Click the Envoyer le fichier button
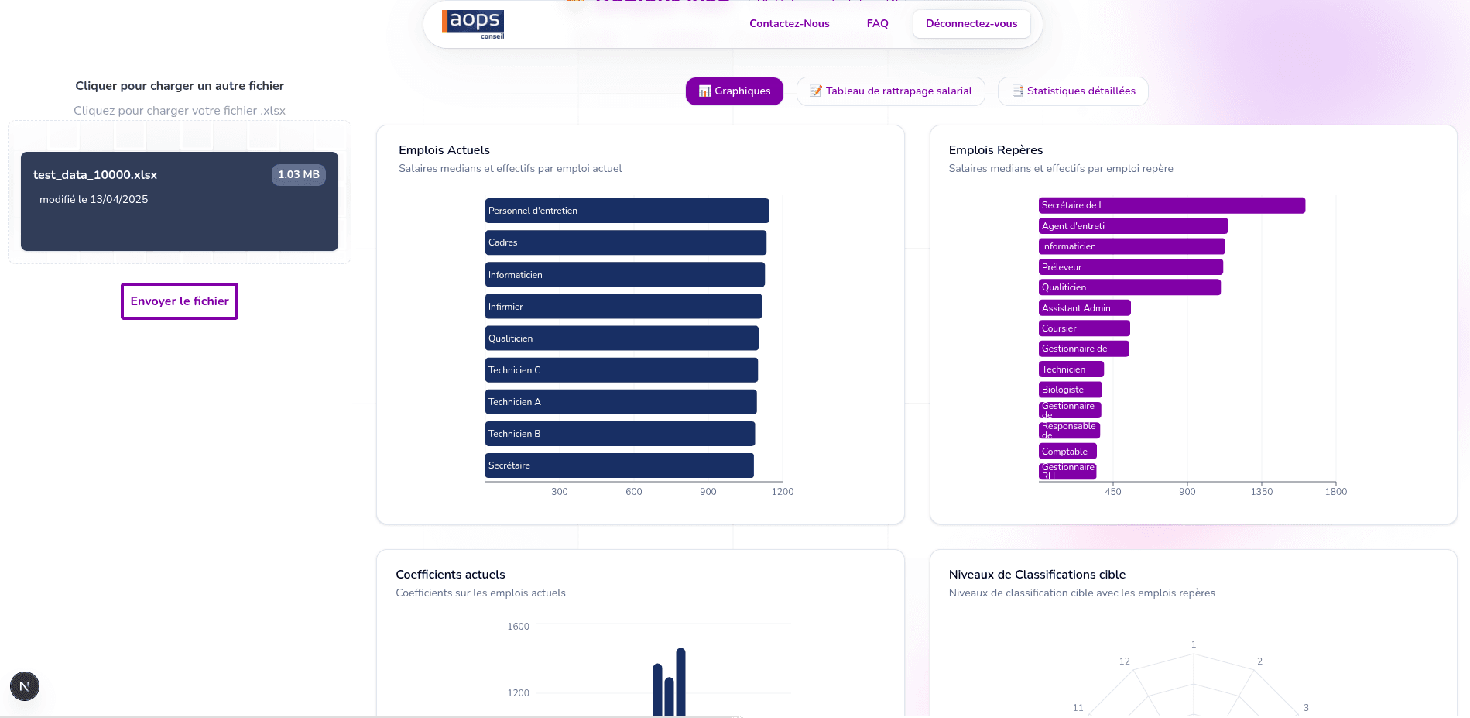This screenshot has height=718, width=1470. pos(180,301)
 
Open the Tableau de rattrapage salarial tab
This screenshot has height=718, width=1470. pos(890,91)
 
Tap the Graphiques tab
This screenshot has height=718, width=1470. pos(734,91)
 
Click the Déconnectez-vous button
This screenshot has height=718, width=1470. pos(971,24)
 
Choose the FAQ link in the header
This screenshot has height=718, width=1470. pos(877,24)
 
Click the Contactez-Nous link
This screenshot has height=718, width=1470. pos(789,24)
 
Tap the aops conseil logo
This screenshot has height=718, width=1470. pos(473,24)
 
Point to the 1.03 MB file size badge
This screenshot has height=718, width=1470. pos(298,175)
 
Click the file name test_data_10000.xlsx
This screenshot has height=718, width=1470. pos(95,175)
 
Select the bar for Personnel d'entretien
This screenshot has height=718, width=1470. pos(626,211)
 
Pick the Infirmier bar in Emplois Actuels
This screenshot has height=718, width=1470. pos(623,307)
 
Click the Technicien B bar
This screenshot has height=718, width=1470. pos(619,434)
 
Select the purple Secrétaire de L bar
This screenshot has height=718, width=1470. pos(1171,205)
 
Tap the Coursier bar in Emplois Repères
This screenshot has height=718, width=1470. pos(1084,328)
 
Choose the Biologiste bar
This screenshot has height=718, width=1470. pos(1070,390)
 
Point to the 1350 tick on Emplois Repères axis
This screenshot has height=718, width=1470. pos(1261,492)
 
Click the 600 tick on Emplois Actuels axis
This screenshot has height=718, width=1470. pos(633,492)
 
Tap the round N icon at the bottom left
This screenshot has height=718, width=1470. pos(25,686)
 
